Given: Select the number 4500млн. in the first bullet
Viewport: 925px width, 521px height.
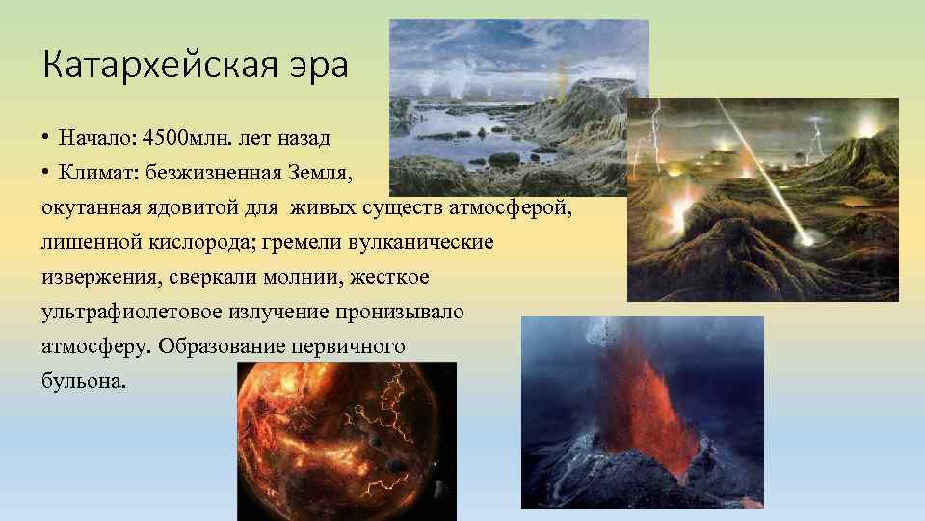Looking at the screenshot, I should [x=175, y=137].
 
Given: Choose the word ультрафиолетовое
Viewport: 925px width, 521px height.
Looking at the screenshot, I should [x=131, y=312].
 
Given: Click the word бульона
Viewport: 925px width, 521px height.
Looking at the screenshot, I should [x=83, y=381].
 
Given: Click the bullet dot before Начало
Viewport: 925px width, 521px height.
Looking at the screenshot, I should [x=46, y=138].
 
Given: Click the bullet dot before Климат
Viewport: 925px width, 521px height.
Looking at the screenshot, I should [x=46, y=173].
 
